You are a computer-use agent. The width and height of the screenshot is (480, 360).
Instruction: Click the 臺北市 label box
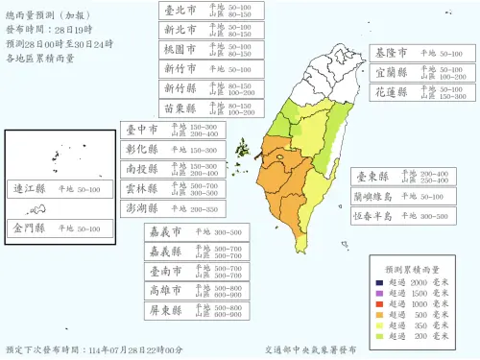(180, 11)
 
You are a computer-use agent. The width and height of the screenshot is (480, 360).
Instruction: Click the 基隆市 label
(391, 53)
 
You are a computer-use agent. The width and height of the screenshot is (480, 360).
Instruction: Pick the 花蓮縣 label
(391, 92)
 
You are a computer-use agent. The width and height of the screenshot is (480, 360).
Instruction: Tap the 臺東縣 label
(372, 177)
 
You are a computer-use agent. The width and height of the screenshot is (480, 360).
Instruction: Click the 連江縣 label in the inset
(28, 189)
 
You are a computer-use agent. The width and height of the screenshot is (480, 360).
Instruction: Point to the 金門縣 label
(28, 228)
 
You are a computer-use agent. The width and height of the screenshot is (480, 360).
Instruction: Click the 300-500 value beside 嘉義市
(226, 231)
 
